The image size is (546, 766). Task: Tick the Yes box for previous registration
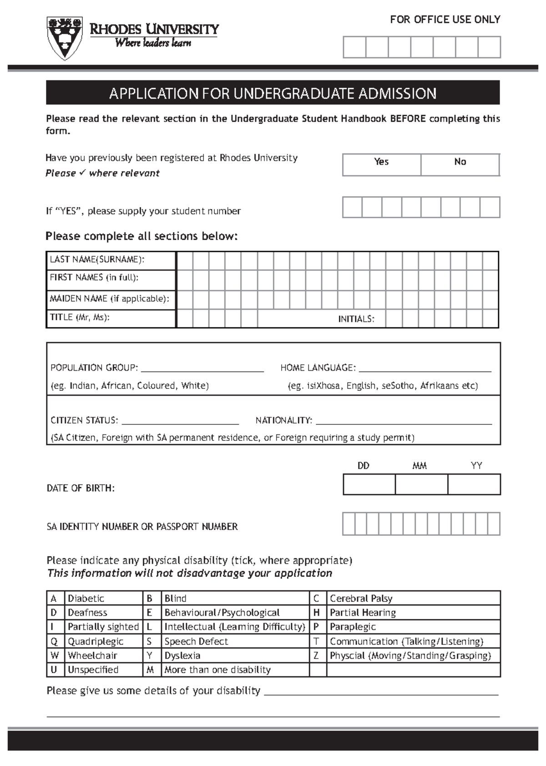point(381,164)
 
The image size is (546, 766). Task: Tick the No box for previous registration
point(460,164)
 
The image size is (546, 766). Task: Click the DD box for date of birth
point(369,484)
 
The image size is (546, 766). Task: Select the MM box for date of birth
point(421,484)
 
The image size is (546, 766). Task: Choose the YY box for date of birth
point(474,484)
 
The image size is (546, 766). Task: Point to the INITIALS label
point(356,319)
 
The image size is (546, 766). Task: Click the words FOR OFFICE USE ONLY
point(445,20)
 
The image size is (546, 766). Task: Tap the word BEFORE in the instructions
point(408,119)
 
